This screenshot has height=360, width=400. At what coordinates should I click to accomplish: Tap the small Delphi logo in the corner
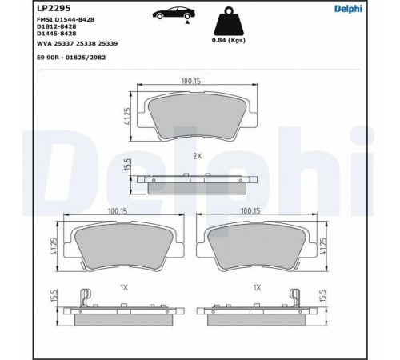(x=348, y=9)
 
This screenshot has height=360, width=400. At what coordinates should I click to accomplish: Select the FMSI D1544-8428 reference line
(x=66, y=19)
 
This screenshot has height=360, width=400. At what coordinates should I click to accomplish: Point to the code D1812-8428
(x=57, y=26)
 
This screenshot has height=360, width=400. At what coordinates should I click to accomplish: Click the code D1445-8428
(x=57, y=34)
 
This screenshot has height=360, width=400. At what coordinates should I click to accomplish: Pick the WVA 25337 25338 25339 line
(x=77, y=43)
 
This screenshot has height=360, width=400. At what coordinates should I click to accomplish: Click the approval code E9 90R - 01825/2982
(x=71, y=58)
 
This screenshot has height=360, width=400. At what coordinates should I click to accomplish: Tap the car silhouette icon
(x=174, y=14)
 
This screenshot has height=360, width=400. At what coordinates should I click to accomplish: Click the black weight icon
(x=229, y=22)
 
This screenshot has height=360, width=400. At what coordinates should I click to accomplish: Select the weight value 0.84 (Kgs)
(x=229, y=40)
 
